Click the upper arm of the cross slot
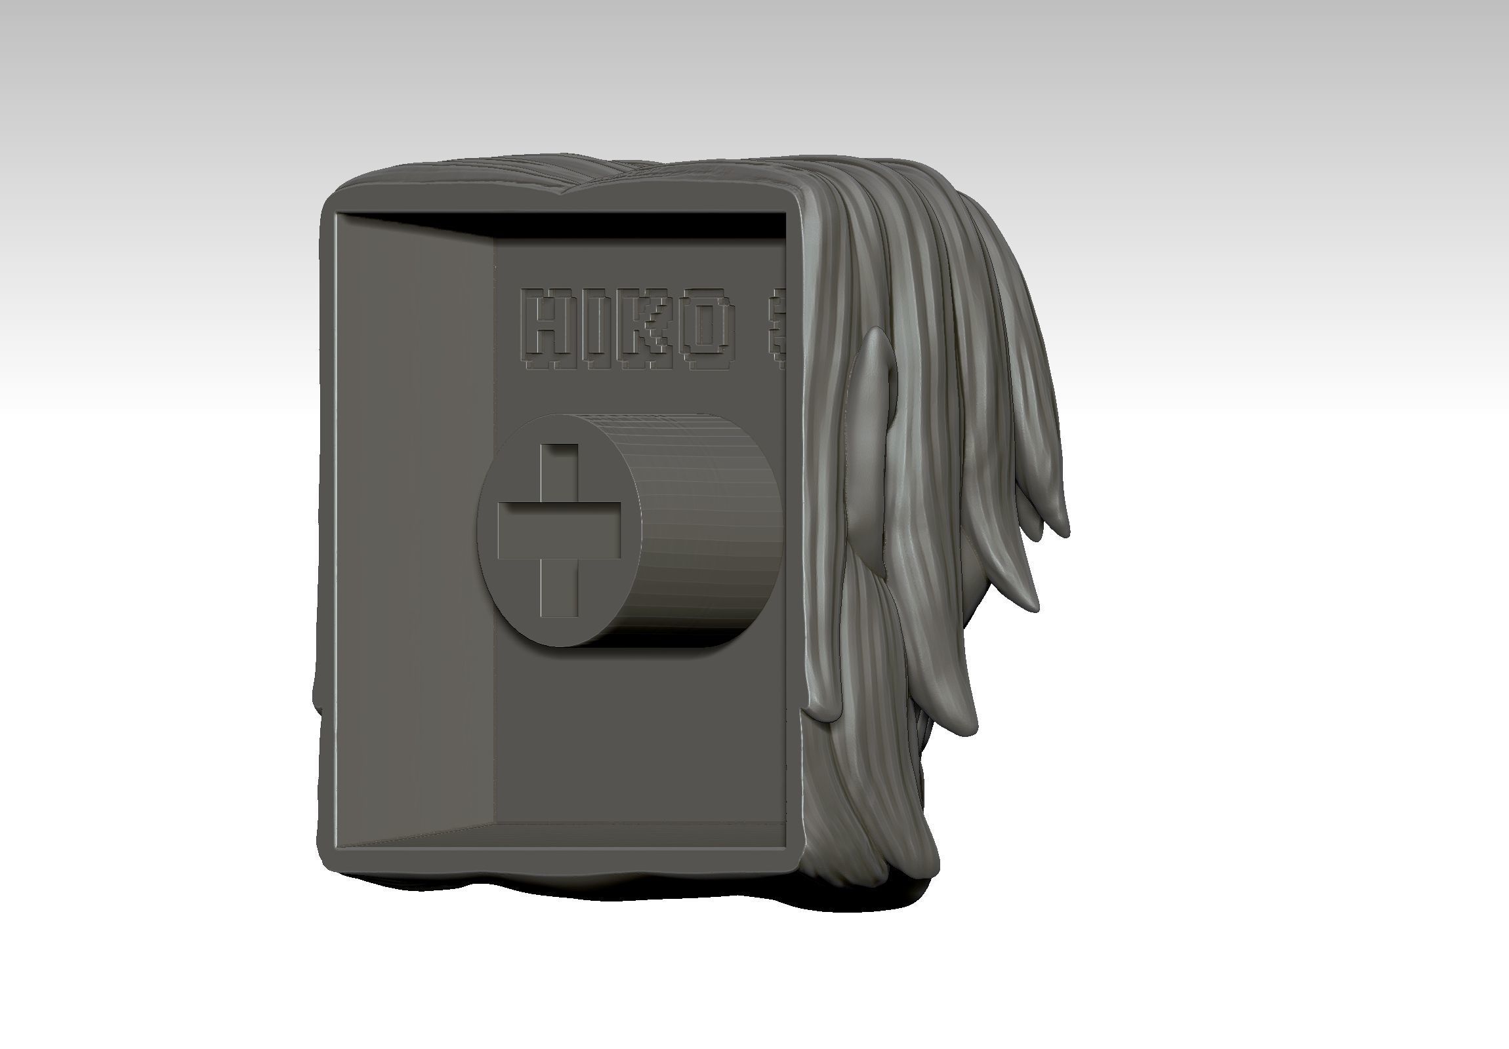point(559,472)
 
